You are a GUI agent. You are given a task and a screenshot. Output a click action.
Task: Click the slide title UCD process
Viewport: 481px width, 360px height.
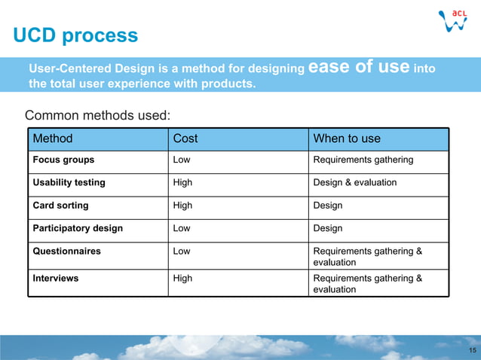point(75,35)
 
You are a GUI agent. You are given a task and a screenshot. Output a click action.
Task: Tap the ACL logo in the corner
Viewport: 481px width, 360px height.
point(455,20)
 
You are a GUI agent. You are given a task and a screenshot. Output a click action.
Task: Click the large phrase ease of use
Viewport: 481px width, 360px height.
point(359,67)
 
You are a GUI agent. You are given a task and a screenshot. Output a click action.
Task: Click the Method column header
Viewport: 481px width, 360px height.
point(53,139)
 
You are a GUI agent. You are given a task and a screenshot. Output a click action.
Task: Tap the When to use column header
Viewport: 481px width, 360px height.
point(347,139)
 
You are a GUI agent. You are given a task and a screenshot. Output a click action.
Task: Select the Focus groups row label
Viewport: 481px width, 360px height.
point(63,160)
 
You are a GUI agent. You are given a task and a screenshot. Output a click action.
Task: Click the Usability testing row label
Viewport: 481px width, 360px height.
point(69,182)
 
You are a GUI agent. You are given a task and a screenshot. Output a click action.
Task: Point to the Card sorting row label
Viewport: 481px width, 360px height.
point(60,205)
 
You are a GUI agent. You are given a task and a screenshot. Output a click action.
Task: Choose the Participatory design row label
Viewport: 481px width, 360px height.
point(78,227)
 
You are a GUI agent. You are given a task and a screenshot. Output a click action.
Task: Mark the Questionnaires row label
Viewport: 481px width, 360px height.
point(66,251)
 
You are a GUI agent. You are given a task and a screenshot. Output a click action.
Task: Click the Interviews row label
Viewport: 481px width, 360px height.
point(55,278)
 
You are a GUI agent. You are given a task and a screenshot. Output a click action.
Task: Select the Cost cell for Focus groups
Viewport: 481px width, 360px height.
point(182,160)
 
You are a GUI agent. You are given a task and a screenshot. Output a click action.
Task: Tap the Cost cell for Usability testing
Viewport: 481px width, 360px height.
point(182,182)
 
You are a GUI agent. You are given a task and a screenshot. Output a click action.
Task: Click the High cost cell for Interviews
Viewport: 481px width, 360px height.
point(182,278)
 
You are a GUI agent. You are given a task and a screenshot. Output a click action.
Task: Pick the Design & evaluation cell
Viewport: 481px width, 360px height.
point(354,182)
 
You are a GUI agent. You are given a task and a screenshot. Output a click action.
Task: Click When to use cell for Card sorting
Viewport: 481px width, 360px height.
point(327,205)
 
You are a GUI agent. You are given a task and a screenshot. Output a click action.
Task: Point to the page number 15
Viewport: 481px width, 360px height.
point(472,352)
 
